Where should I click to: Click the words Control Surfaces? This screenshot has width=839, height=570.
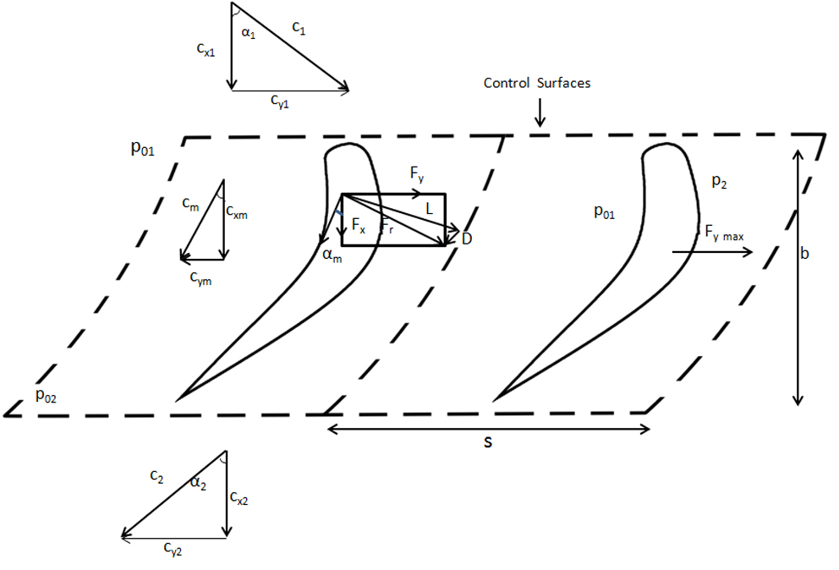click(537, 83)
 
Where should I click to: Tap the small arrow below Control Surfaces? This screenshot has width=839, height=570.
click(540, 112)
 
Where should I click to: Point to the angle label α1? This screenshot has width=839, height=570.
click(249, 33)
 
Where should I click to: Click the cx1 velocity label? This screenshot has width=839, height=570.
click(206, 49)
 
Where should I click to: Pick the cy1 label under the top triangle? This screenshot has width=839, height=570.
click(280, 101)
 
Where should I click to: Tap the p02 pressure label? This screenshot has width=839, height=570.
click(46, 396)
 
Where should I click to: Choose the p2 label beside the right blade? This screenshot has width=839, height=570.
click(719, 182)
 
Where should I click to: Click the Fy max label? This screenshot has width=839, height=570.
click(724, 233)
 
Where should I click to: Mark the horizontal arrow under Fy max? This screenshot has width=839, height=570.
click(712, 251)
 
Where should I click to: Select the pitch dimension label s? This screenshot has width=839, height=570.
click(487, 441)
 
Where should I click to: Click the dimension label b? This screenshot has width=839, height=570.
click(804, 253)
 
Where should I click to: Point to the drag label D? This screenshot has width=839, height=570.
click(467, 238)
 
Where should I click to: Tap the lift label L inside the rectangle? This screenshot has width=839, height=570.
click(429, 209)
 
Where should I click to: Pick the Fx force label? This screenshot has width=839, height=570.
click(359, 225)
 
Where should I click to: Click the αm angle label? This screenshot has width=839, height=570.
click(332, 255)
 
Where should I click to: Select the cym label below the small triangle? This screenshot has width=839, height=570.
click(200, 278)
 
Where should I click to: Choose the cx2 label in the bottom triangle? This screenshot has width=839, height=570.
click(239, 498)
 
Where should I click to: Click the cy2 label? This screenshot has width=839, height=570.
click(173, 548)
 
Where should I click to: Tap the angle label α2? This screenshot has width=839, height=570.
click(198, 483)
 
